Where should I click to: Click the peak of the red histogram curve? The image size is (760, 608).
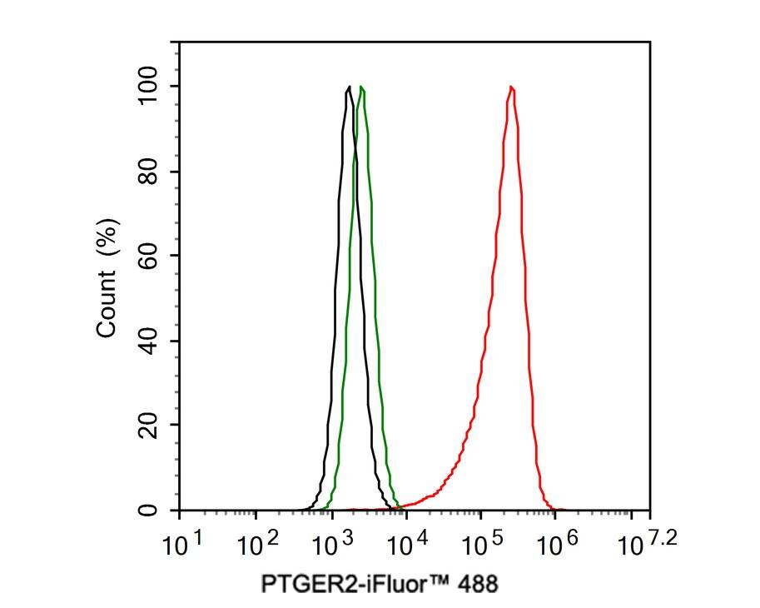510,87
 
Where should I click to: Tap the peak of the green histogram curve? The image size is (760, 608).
361,87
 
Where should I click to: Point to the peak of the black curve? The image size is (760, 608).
348,87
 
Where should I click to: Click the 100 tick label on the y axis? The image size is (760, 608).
149,86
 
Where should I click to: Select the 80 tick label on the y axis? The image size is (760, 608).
149,172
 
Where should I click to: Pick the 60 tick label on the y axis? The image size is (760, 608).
149,256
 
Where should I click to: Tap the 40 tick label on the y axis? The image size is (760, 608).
149,341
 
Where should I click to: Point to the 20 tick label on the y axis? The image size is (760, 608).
149,425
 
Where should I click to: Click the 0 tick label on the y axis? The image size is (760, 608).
149,510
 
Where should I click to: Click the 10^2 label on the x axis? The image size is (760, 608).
257,546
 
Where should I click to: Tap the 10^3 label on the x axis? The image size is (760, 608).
332,546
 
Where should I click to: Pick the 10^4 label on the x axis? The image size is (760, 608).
407,546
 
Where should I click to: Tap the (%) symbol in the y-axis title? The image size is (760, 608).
107,238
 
